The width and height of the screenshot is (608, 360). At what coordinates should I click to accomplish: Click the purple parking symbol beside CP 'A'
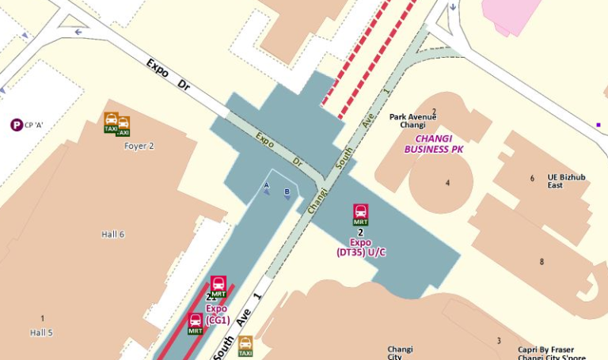[16, 124]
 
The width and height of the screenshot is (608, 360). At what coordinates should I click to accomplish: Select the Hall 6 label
[112, 234]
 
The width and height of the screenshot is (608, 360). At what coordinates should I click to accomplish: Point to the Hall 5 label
[41, 333]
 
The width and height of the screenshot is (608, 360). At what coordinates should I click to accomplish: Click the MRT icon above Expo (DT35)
[361, 214]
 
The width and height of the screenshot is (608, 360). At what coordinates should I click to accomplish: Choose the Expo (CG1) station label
[217, 314]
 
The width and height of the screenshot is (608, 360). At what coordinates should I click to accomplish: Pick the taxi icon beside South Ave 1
[245, 346]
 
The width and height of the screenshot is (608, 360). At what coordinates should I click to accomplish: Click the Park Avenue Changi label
[412, 121]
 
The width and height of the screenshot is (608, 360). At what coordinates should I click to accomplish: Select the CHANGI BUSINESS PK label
[434, 143]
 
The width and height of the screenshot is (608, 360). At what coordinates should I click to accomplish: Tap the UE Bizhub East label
[566, 181]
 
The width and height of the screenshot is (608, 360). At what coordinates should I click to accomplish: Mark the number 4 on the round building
[447, 184]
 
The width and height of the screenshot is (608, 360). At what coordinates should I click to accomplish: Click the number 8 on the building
[541, 262]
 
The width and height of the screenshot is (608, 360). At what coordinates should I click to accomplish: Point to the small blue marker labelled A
[267, 187]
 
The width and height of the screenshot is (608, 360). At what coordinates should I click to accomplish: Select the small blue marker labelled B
[287, 193]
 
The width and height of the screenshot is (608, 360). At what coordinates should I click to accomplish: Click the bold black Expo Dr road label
[169, 74]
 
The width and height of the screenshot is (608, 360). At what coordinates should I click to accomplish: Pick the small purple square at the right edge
[598, 124]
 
